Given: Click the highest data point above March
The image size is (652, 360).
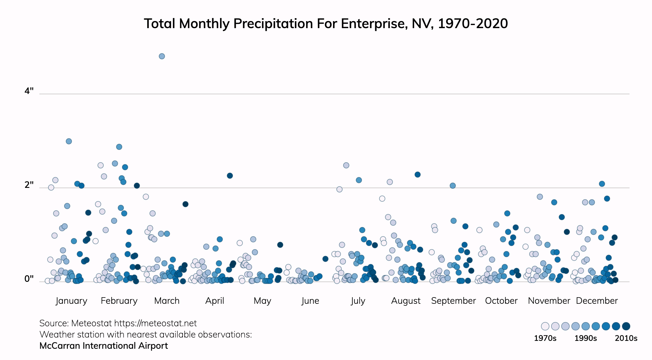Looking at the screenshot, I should pyautogui.click(x=162, y=56).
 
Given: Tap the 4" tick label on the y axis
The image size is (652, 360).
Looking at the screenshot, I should pyautogui.click(x=29, y=91).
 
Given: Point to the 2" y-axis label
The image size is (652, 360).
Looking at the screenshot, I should pyautogui.click(x=29, y=185).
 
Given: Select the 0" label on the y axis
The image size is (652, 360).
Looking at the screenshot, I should pyautogui.click(x=29, y=279).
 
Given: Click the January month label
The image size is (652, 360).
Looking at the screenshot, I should pyautogui.click(x=71, y=301).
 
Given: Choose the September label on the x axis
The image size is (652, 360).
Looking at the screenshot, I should pyautogui.click(x=453, y=301).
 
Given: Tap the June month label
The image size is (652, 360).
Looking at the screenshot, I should pyautogui.click(x=310, y=301).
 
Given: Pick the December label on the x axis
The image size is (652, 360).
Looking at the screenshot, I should pyautogui.click(x=597, y=301).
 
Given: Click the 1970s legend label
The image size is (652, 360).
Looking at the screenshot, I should pyautogui.click(x=545, y=338).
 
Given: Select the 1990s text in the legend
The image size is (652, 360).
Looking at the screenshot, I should pyautogui.click(x=585, y=338).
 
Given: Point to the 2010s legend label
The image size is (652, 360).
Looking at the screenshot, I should pyautogui.click(x=626, y=338).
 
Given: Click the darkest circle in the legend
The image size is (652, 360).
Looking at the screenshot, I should pyautogui.click(x=626, y=326).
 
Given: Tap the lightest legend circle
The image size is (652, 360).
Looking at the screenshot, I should pyautogui.click(x=545, y=326).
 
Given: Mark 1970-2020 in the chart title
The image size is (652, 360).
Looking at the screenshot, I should pyautogui.click(x=473, y=24).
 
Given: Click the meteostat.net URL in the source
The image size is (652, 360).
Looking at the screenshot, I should pyautogui.click(x=155, y=323).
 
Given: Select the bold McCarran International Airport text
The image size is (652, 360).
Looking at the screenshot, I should pyautogui.click(x=104, y=346).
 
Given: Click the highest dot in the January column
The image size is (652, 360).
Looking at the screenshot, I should pyautogui.click(x=69, y=141).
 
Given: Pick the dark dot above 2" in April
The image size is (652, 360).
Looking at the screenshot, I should pyautogui.click(x=230, y=176).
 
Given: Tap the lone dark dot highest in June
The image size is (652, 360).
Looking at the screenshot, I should pyautogui.click(x=325, y=259).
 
